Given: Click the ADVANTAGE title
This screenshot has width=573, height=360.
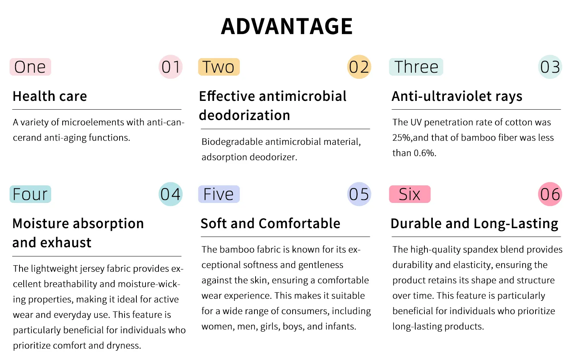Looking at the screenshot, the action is point(287,26).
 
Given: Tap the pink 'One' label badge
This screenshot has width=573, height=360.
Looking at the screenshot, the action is point(30,67).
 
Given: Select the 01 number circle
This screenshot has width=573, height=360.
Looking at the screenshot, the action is point(170,67).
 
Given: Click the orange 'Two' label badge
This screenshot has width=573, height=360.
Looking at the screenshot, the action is point(219,67).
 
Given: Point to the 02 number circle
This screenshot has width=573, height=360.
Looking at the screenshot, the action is point(359,67).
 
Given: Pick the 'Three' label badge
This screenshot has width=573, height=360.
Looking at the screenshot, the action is point(416,67).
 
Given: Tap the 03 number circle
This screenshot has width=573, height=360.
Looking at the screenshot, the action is point(550,67).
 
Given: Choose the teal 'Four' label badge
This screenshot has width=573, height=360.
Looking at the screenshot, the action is point(30,194).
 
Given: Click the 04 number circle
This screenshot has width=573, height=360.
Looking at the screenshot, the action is point(170,194).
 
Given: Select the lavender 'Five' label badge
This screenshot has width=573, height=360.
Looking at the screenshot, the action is point(219,194).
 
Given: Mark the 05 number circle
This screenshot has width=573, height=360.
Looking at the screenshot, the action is point(359,194).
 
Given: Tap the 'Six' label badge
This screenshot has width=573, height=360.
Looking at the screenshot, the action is point(410,194).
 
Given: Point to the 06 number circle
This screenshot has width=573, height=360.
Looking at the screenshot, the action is point(550,194).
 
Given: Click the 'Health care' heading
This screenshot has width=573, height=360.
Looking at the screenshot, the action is point(50,96).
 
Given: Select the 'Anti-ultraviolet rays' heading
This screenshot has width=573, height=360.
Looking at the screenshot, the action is point(457,97).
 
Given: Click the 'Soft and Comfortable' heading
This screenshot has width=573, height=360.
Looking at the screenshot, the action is point(270,223).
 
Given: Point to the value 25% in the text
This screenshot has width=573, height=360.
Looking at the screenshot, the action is point(401,138).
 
